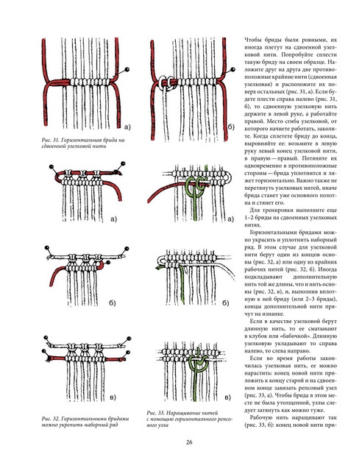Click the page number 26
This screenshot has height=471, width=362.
(x=189, y=442)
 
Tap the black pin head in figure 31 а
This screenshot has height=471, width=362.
(x=128, y=70)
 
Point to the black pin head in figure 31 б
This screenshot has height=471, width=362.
(x=233, y=70)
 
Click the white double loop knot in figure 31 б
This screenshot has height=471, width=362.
(x=167, y=82)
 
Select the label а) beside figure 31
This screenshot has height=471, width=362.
(x=128, y=127)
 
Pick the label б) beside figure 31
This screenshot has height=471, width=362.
(x=231, y=127)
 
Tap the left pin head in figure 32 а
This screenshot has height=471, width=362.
(x=51, y=166)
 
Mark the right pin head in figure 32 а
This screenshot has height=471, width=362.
(x=123, y=163)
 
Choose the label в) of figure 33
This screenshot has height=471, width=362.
(x=227, y=397)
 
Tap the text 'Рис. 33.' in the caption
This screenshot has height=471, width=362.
(x=154, y=413)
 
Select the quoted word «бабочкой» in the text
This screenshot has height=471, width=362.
(x=300, y=336)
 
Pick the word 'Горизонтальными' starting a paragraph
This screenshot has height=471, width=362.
(x=271, y=233)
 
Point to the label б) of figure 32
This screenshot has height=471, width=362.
(x=113, y=302)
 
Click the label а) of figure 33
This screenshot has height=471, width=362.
(x=231, y=219)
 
